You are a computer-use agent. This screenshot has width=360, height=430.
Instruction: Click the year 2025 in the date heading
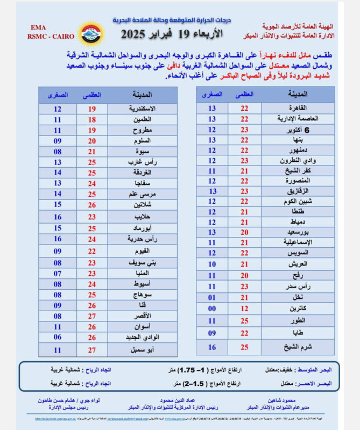137,34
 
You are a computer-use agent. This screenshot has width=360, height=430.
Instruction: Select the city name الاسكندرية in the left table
142,109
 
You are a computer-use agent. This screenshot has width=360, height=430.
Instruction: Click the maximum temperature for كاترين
245,308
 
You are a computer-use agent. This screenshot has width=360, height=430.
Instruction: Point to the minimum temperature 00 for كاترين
213,308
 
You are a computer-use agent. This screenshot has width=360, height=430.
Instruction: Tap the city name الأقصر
140,316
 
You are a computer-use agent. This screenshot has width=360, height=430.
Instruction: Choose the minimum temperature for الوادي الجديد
58,337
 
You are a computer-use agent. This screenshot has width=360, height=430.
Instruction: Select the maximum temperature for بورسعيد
245,232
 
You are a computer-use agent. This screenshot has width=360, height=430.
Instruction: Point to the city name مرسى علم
142,193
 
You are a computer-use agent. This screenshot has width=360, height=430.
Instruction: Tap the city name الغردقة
142,173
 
